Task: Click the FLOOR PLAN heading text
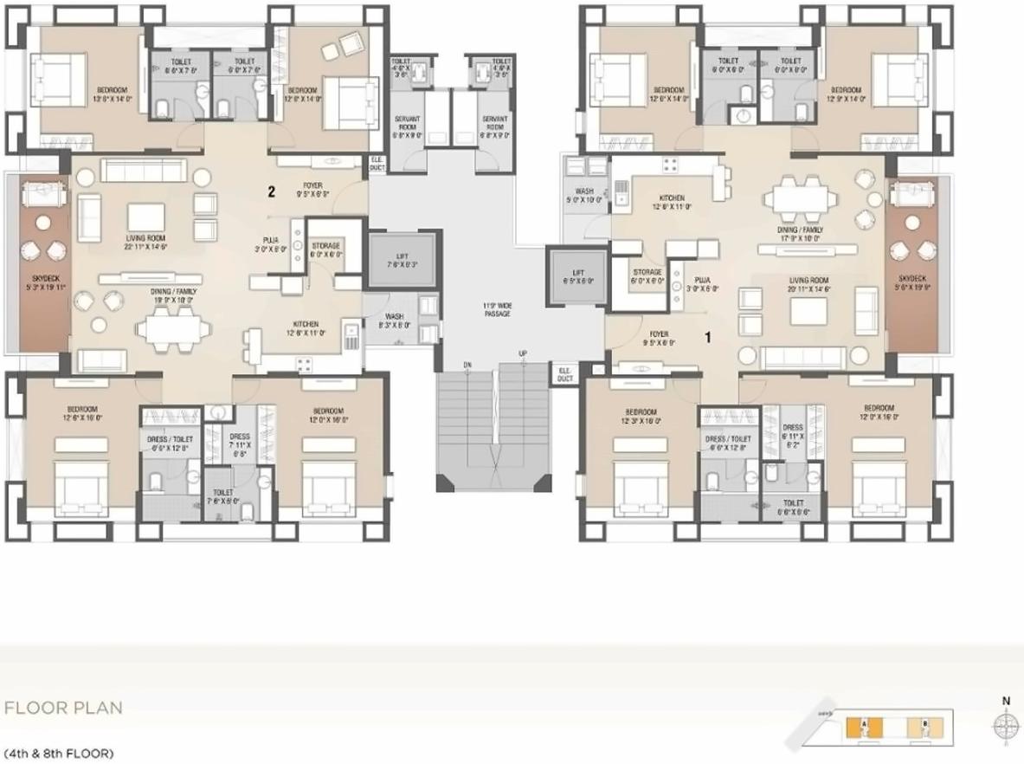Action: pyautogui.click(x=63, y=708)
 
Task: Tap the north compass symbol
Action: pyautogui.click(x=1005, y=724)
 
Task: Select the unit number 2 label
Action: pyautogui.click(x=271, y=192)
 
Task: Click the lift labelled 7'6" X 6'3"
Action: pyautogui.click(x=401, y=259)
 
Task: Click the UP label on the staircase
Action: pyautogui.click(x=523, y=353)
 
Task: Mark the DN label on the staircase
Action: pyautogui.click(x=467, y=363)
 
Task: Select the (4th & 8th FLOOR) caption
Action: pyautogui.click(x=59, y=754)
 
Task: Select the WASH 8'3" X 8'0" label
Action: pyautogui.click(x=395, y=320)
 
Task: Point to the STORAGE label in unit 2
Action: pyautogui.click(x=326, y=250)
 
